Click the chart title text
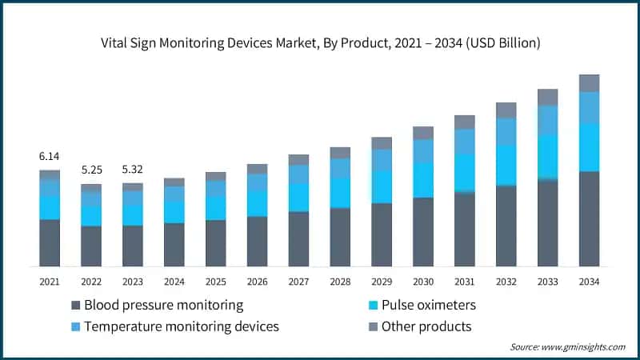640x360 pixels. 320,43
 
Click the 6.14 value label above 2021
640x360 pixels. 49,156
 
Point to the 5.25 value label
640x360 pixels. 90,170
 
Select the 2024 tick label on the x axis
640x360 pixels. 174,282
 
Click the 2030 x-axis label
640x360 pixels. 423,282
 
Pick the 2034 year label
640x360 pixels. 589,282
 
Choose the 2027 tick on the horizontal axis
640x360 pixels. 298,282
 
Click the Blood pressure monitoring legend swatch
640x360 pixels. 76,305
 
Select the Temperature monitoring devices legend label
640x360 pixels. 182,326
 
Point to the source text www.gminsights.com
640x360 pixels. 568,347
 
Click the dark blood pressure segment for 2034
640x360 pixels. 589,218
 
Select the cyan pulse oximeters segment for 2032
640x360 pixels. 506,166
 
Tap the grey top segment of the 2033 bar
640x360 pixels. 548,97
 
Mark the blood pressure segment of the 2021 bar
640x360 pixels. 50,242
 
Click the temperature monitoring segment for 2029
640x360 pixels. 382,160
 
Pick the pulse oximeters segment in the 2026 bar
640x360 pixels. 257,203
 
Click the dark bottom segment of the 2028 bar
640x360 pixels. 340,237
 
